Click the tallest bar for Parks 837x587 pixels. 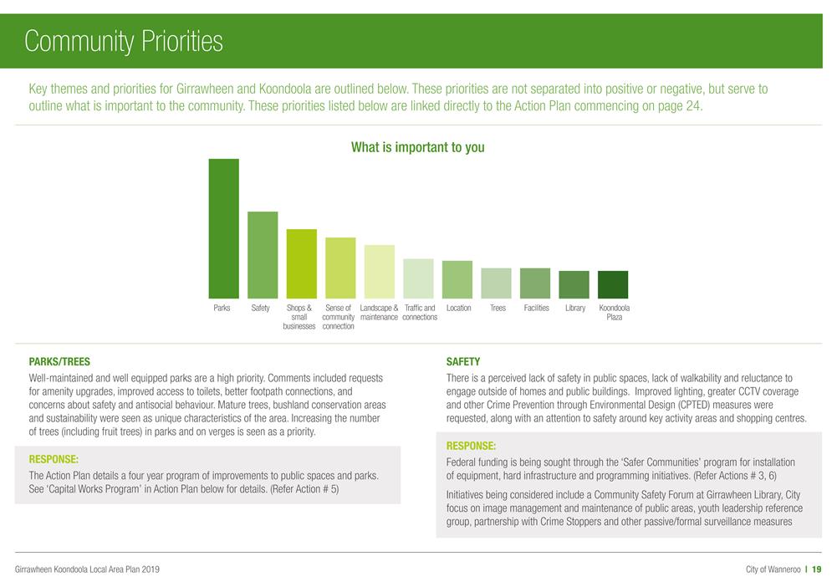223,228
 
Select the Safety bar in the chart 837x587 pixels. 263,255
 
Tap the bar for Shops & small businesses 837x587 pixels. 301,263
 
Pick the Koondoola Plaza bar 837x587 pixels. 613,284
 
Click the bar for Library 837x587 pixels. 574,284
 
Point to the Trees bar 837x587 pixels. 497,283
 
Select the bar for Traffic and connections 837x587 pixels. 418,278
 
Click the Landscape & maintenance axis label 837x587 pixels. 379,313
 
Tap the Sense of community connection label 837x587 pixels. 339,317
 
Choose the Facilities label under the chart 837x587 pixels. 536,309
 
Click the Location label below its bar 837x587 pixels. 458,309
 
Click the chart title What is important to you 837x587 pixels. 417,148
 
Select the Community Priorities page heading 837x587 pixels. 124,41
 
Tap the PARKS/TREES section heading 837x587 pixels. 59,362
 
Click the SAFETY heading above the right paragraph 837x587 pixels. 463,362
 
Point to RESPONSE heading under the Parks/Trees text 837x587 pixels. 54,459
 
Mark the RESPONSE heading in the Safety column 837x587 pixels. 471,446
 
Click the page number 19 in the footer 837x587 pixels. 817,569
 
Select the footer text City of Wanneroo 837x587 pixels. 773,569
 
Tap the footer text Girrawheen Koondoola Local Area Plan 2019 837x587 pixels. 88,569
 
